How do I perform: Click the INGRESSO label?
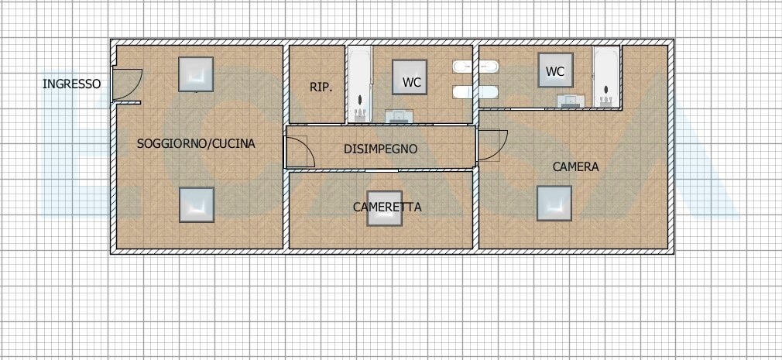[x=71, y=84]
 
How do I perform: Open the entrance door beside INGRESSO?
[x=127, y=84]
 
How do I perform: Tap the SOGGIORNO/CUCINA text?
[x=196, y=143]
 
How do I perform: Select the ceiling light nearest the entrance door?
[x=196, y=74]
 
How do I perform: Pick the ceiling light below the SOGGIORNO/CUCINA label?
[x=197, y=205]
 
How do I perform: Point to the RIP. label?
[x=321, y=87]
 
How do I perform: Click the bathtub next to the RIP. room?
[x=360, y=84]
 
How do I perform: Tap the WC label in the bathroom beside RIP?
[x=411, y=83]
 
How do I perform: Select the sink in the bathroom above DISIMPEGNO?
[x=399, y=116]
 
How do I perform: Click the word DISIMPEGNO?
[x=380, y=149]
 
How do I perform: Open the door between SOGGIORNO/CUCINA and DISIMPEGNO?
[x=299, y=152]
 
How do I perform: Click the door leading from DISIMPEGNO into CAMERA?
[x=492, y=145]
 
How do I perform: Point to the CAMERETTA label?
[x=387, y=207]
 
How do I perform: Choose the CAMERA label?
[x=575, y=167]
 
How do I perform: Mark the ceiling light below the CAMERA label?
[x=554, y=204]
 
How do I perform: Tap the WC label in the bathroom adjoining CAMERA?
[x=555, y=71]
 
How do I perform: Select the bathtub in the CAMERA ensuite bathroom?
[x=606, y=77]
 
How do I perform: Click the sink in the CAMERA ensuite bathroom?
[x=571, y=101]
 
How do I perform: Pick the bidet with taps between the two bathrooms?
[x=475, y=67]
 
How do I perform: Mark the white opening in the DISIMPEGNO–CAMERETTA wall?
[x=382, y=170]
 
